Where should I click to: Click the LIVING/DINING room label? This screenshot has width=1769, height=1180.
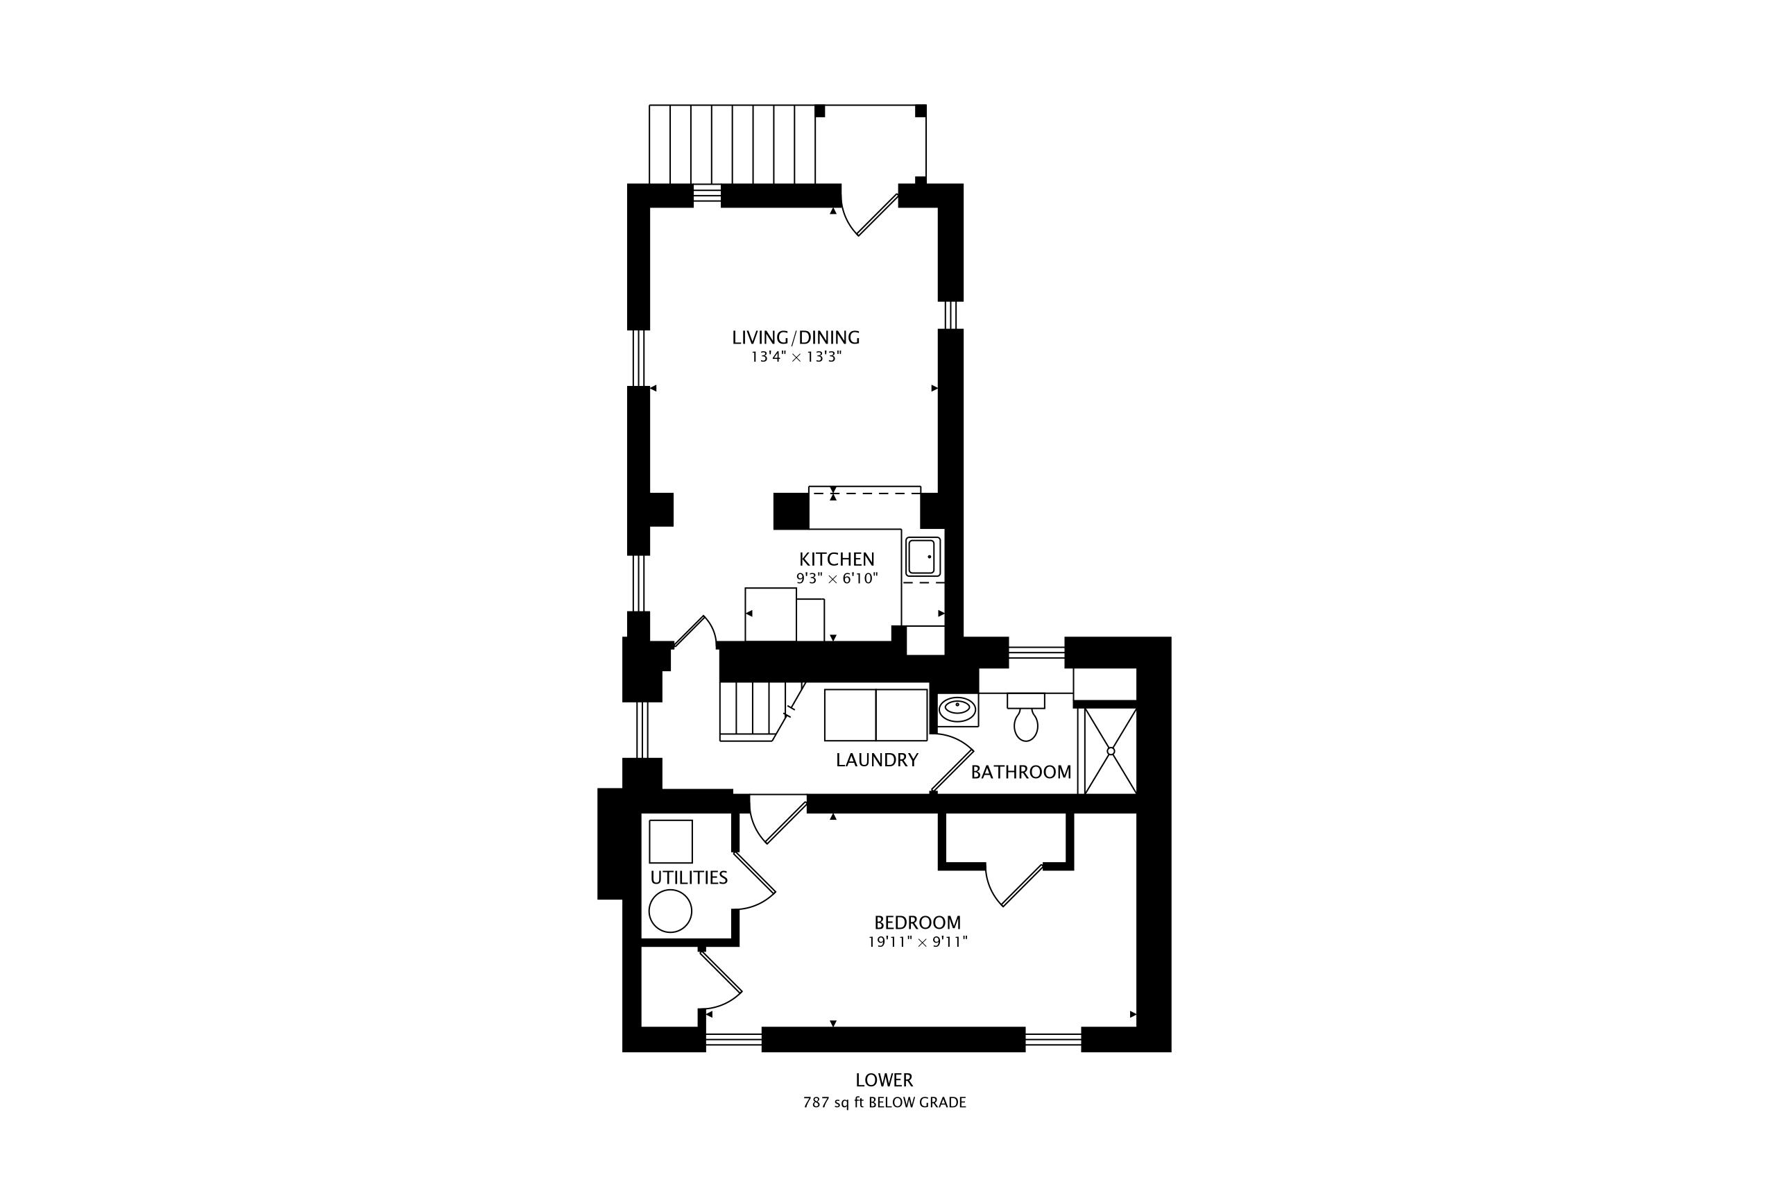point(796,337)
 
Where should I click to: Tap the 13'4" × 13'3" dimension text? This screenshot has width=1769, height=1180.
point(796,357)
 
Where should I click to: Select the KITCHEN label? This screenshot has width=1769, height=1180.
point(837,559)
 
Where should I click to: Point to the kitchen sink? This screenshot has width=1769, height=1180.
point(923,556)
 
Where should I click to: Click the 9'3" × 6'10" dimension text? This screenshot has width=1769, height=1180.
point(837,579)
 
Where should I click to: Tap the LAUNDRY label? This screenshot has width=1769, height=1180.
point(877,760)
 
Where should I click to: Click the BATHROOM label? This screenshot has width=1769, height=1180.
point(1020,772)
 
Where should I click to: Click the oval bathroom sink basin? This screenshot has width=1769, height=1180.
point(957,709)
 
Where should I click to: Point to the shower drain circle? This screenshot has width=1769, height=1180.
point(1111,751)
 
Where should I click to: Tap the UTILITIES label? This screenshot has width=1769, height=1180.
point(689,877)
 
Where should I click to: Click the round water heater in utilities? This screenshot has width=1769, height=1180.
point(670,911)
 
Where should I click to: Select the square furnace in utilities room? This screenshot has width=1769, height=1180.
point(671,841)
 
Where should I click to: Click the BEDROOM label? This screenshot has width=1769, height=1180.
point(918,922)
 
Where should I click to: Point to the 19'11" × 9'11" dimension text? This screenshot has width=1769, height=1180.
point(918,941)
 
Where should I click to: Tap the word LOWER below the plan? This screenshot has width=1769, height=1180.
point(884,1081)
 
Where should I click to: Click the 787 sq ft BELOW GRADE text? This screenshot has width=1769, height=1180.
point(884,1103)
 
